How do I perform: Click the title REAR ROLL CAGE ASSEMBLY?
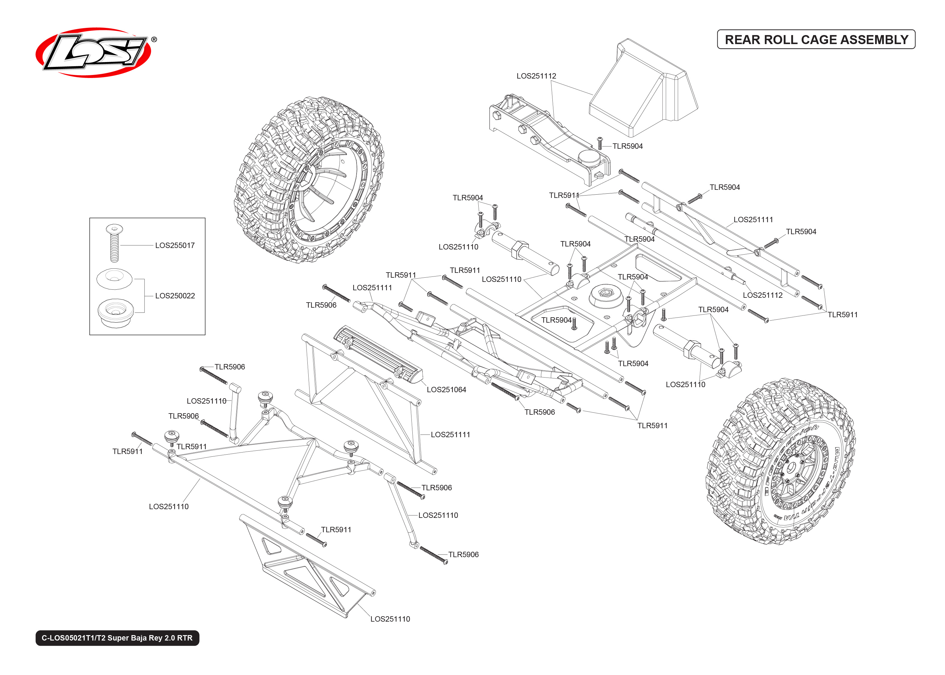coord(816,40)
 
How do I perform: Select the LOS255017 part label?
coord(175,245)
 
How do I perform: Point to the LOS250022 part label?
coord(175,296)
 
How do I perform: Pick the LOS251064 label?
coord(446,390)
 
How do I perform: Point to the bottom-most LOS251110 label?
coord(390,619)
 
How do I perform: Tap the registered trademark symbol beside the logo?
coord(154,40)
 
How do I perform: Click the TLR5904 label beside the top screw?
coord(627,146)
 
